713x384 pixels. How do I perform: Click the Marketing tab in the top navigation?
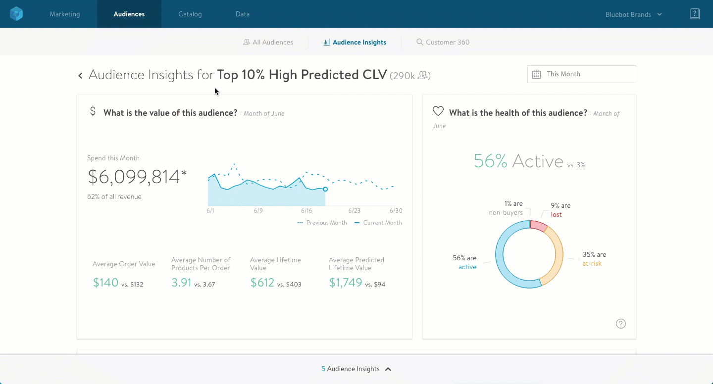point(64,14)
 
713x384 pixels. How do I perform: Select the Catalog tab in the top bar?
point(190,14)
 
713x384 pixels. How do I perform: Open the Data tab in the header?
point(242,14)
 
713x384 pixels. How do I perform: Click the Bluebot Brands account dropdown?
point(633,14)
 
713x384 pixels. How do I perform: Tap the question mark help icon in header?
point(695,14)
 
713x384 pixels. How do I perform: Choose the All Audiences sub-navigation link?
point(268,43)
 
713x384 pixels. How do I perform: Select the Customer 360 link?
point(443,43)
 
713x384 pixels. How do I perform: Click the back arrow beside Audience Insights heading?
point(80,76)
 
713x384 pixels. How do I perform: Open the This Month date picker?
point(581,74)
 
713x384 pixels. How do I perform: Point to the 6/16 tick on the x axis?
point(306,211)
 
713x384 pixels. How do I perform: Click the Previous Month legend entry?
point(322,223)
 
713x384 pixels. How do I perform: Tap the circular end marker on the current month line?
point(325,189)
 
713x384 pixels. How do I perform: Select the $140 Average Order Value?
point(106,283)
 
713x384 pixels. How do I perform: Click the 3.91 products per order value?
point(181,283)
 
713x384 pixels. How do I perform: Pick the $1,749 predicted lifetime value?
point(346,283)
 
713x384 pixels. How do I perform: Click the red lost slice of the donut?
point(538,226)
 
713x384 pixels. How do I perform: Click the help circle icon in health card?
point(620,324)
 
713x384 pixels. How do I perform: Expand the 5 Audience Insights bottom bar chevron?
point(388,369)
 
